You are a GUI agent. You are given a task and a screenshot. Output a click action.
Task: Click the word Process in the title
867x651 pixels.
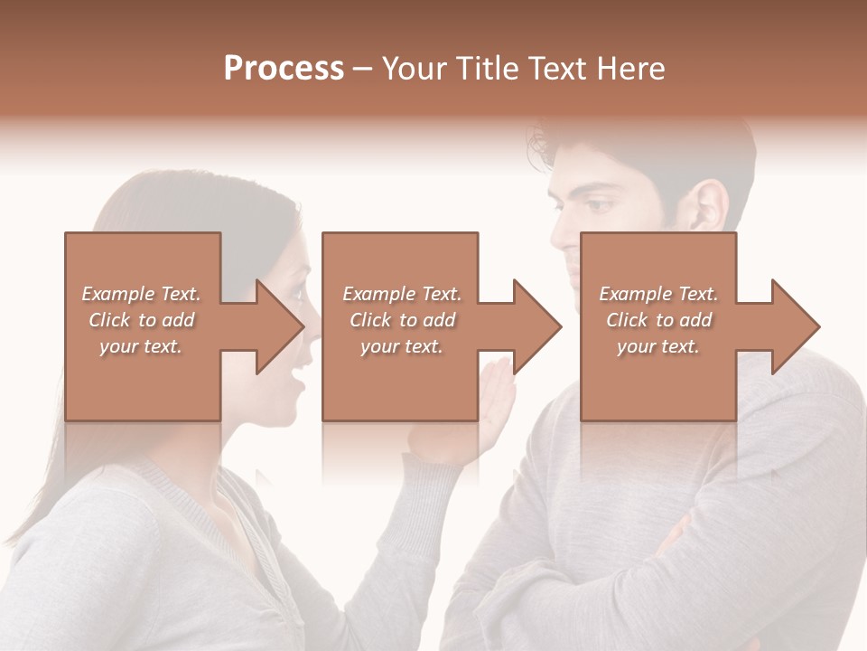point(284,69)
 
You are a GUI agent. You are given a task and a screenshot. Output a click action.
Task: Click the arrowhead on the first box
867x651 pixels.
point(276,326)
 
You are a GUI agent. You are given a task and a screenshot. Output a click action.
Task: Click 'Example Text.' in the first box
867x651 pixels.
point(141,294)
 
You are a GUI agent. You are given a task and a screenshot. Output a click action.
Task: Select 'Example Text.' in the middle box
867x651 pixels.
point(401,294)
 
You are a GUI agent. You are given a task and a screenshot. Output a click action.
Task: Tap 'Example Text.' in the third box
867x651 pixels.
point(658,294)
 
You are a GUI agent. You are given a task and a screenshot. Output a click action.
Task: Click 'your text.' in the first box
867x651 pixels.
point(141,346)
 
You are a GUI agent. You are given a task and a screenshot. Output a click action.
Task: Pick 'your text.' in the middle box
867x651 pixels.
point(401,346)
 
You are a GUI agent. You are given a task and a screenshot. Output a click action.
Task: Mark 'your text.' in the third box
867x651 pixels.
point(658,346)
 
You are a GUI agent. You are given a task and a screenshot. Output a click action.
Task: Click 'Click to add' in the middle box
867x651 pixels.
point(401,320)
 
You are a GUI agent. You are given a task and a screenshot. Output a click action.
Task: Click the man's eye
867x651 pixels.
point(598,206)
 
